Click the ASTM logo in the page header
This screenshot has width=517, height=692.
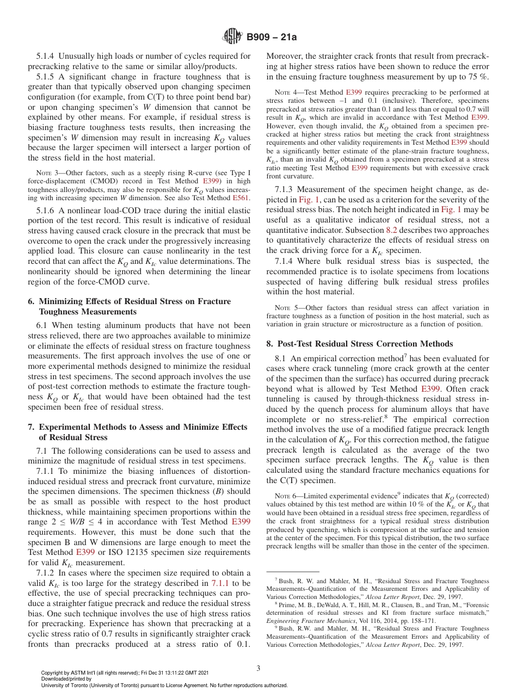coord(232,37)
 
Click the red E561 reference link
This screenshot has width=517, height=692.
coord(242,198)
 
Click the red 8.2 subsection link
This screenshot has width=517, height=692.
coord(392,230)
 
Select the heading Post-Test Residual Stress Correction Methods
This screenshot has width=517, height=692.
coord(365,344)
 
